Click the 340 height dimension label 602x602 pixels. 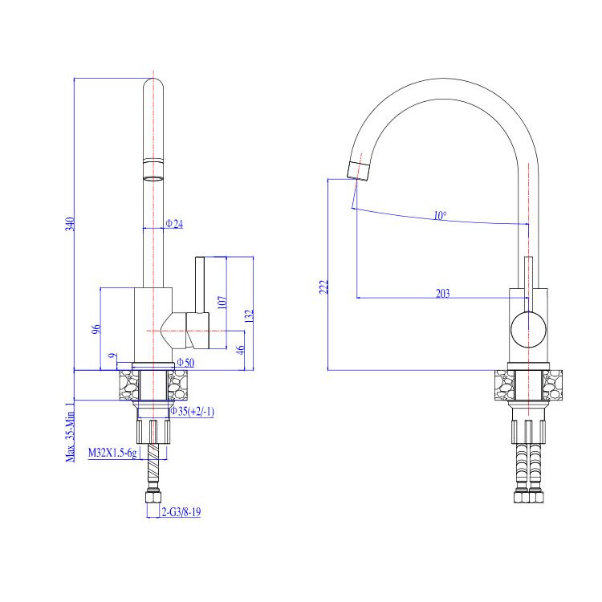click(70, 224)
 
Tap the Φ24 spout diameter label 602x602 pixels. click(174, 223)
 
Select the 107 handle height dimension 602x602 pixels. click(222, 303)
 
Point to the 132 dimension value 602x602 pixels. click(249, 316)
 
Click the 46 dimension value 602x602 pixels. click(240, 350)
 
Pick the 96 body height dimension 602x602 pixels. click(96, 329)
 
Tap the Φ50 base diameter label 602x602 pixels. click(185, 363)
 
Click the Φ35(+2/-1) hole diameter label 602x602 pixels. click(192, 412)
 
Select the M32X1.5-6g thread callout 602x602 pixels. click(112, 453)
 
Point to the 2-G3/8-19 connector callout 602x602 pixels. click(181, 512)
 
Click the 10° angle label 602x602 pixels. click(440, 215)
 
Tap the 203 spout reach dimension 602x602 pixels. click(442, 293)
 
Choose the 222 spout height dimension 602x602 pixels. click(324, 287)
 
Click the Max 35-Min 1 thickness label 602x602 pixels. click(70, 433)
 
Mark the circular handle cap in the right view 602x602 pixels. click(528, 330)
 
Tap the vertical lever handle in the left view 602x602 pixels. click(200, 285)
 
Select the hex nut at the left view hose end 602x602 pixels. click(153, 497)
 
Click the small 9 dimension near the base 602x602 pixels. click(112, 356)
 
